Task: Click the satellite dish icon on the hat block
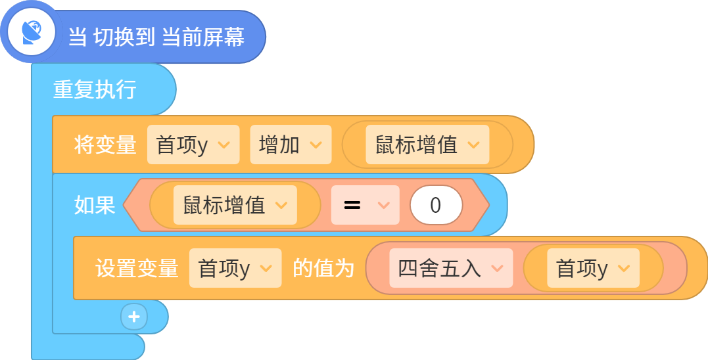pyautogui.click(x=32, y=32)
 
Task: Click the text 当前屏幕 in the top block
pyautogui.click(x=203, y=37)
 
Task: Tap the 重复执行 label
pyautogui.click(x=95, y=89)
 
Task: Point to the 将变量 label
pyautogui.click(x=105, y=145)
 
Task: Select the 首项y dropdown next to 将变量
pyautogui.click(x=193, y=145)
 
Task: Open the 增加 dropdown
pyautogui.click(x=291, y=145)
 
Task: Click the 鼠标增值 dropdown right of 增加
pyautogui.click(x=427, y=145)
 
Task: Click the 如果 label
pyautogui.click(x=95, y=205)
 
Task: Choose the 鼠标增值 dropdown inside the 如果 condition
pyautogui.click(x=235, y=205)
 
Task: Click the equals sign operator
pyautogui.click(x=352, y=205)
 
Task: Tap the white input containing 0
pyautogui.click(x=437, y=205)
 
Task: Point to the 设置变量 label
pyautogui.click(x=136, y=269)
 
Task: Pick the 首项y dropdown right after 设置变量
pyautogui.click(x=235, y=268)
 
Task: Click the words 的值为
pyautogui.click(x=323, y=269)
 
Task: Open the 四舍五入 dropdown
pyautogui.click(x=451, y=268)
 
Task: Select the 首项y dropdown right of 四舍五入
pyautogui.click(x=594, y=268)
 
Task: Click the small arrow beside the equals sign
pyautogui.click(x=383, y=206)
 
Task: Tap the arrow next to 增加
pyautogui.click(x=316, y=145)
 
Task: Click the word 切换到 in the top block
pyautogui.click(x=124, y=37)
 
